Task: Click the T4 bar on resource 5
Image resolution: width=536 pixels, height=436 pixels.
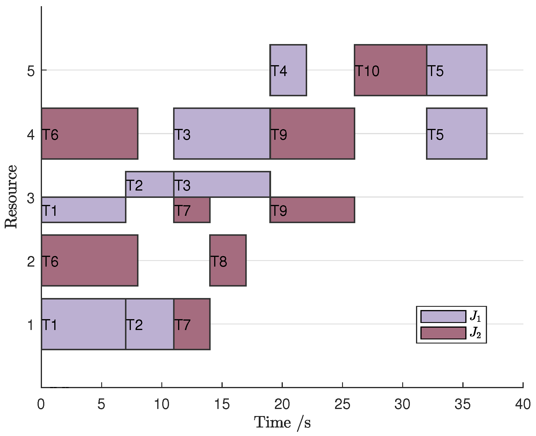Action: (x=288, y=70)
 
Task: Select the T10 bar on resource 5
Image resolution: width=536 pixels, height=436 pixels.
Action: (x=390, y=70)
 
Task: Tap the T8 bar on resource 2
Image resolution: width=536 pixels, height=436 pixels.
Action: (x=228, y=260)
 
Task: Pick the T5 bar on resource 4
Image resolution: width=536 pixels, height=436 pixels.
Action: (x=456, y=134)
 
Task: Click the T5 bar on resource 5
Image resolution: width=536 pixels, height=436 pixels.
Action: (x=456, y=70)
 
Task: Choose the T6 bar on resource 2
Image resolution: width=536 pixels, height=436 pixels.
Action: (x=89, y=260)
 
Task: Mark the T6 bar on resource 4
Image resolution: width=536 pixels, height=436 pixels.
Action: (x=89, y=134)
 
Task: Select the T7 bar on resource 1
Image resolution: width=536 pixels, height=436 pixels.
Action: (x=192, y=324)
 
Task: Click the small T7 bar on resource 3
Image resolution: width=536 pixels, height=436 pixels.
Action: (x=192, y=210)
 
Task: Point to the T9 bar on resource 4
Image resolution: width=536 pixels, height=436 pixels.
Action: (x=312, y=134)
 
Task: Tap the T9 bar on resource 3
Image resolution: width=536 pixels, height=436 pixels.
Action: (x=312, y=210)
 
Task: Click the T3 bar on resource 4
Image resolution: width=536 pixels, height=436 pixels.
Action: (x=222, y=134)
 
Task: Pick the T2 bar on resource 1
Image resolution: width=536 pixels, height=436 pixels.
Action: (x=150, y=324)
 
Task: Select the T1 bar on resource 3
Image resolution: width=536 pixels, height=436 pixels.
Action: (x=84, y=210)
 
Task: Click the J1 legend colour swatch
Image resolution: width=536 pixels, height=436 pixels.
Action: (x=443, y=317)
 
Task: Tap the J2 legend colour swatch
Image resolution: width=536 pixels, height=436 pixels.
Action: (x=443, y=333)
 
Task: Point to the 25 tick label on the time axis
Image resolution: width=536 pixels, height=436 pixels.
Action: (x=342, y=405)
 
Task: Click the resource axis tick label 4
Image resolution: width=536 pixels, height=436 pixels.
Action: (x=31, y=135)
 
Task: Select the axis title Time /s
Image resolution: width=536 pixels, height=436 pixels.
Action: (x=282, y=423)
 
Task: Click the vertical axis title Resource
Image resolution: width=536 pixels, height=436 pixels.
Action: (x=11, y=197)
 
